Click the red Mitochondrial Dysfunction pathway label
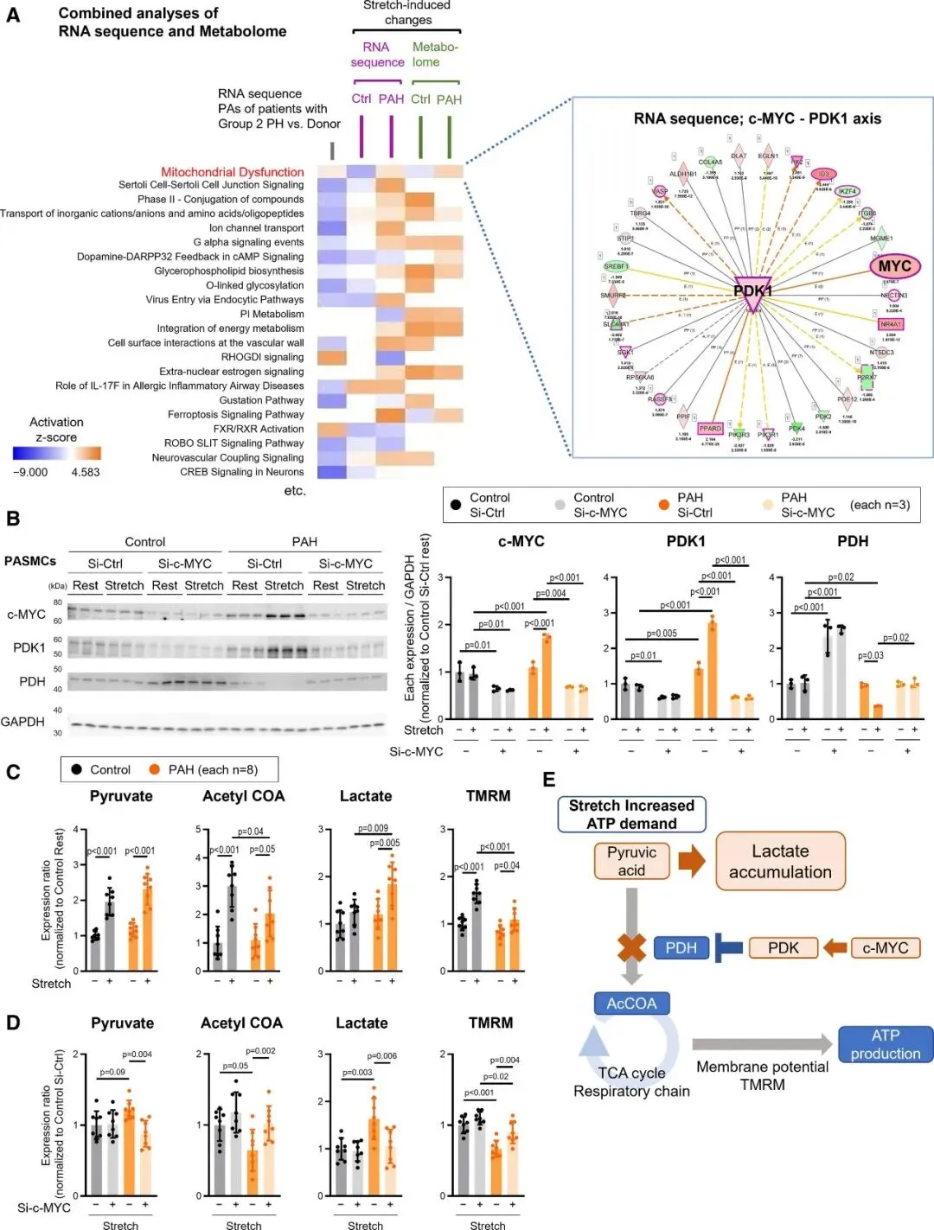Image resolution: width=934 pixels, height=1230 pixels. (232, 172)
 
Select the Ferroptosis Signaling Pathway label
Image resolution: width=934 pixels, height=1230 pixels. (235, 414)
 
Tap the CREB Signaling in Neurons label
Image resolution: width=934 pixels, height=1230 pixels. (241, 472)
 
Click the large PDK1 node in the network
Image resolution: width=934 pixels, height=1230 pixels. (752, 292)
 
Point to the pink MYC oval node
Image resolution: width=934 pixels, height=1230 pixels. (894, 266)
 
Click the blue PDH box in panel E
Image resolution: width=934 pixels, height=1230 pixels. (681, 948)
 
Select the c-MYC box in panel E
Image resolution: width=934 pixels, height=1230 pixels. (885, 948)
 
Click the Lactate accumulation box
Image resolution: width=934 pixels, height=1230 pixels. (780, 862)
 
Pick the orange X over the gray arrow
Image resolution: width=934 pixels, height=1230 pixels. (632, 948)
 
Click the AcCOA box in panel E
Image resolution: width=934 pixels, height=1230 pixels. (631, 1004)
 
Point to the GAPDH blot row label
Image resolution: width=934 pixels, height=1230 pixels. (22, 722)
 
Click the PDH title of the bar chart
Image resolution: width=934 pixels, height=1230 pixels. (852, 541)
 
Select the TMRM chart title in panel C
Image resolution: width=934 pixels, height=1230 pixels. (488, 796)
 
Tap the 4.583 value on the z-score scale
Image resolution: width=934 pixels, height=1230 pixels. (86, 473)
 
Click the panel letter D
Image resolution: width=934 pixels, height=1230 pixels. (13, 1023)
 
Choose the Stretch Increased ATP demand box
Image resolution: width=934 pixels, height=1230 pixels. (631, 814)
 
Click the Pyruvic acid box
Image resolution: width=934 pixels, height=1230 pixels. (631, 861)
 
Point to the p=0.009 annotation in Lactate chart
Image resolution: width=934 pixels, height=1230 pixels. (372, 828)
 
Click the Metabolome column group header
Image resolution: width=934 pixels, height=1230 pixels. (435, 54)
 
